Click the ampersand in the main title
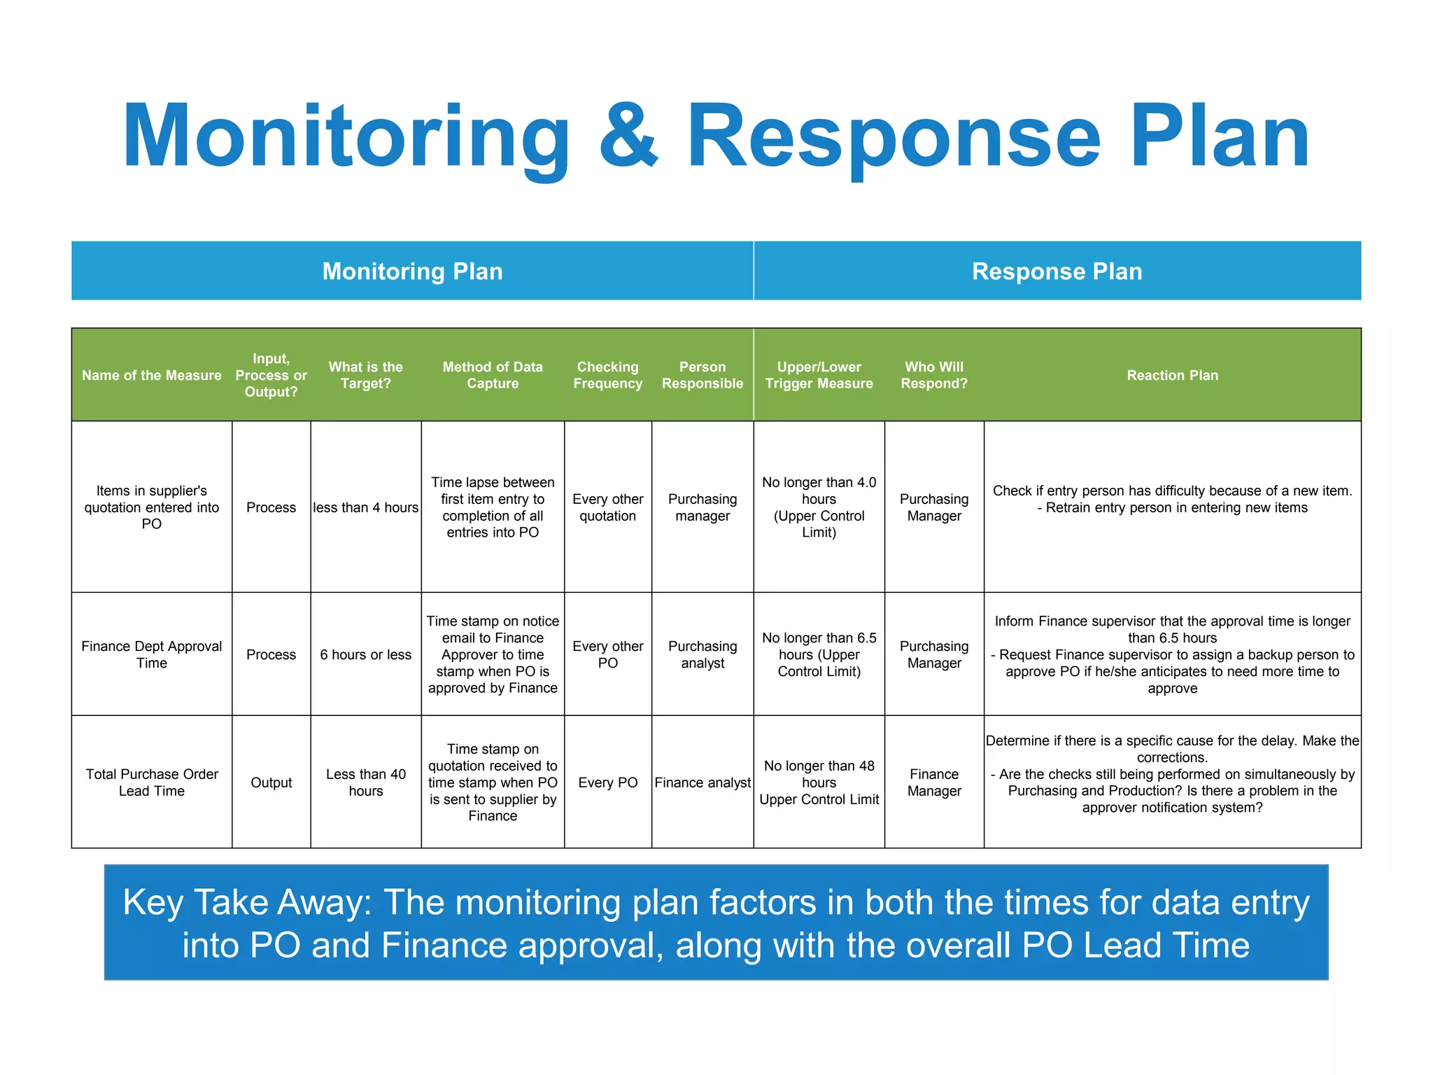coord(629,136)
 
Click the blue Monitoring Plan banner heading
coord(412,272)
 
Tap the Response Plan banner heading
coord(1057,272)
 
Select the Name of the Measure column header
coord(151,375)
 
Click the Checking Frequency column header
coord(607,375)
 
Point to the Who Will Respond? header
coord(933,375)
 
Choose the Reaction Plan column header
coord(1172,375)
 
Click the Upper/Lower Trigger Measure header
coord(819,375)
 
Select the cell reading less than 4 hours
coord(365,507)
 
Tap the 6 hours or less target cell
coord(365,654)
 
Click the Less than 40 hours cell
coord(365,782)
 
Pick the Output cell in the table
coord(271,782)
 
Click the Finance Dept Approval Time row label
coord(151,654)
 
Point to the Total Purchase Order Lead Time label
coord(151,782)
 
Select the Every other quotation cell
coord(607,507)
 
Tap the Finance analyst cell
coord(702,782)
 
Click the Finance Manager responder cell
coord(933,782)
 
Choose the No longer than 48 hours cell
coord(819,782)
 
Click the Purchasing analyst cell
coord(702,654)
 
